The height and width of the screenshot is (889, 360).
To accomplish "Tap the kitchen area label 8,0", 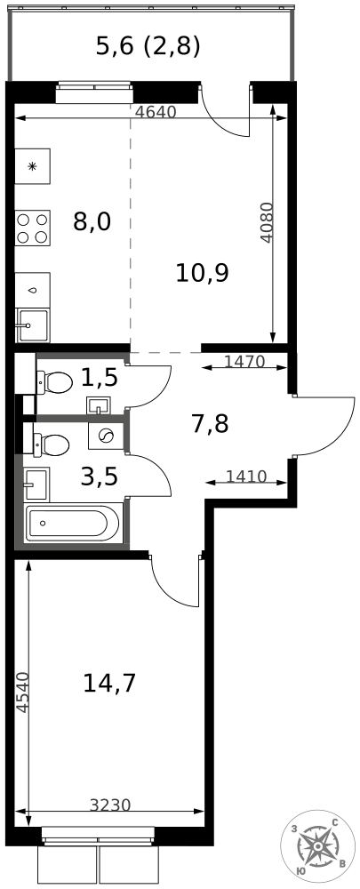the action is [x=92, y=221].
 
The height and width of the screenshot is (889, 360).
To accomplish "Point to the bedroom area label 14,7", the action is [x=109, y=683].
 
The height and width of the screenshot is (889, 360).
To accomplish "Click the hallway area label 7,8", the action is [x=210, y=423].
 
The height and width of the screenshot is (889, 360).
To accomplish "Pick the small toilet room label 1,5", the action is [x=100, y=377].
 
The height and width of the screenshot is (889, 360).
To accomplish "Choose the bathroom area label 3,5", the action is [x=100, y=477].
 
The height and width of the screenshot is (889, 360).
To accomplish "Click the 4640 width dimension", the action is [x=156, y=112].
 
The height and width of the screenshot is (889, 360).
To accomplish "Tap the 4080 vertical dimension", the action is [x=267, y=223].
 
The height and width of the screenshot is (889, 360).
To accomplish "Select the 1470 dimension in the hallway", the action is [x=245, y=361].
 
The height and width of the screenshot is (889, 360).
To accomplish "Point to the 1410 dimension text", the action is [x=246, y=477].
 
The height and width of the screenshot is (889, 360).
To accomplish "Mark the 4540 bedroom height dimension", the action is [x=21, y=692].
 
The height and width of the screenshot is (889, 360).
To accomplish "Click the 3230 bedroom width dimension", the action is [x=110, y=805].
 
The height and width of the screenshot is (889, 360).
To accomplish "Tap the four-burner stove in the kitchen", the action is [x=32, y=228].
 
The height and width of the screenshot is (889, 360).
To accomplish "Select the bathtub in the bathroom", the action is [x=73, y=524].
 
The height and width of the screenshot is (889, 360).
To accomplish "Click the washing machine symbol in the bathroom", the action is [x=106, y=436].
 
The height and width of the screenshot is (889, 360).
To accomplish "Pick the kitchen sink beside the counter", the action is [x=33, y=324].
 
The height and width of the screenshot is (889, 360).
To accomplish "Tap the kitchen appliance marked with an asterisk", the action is [x=32, y=167].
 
